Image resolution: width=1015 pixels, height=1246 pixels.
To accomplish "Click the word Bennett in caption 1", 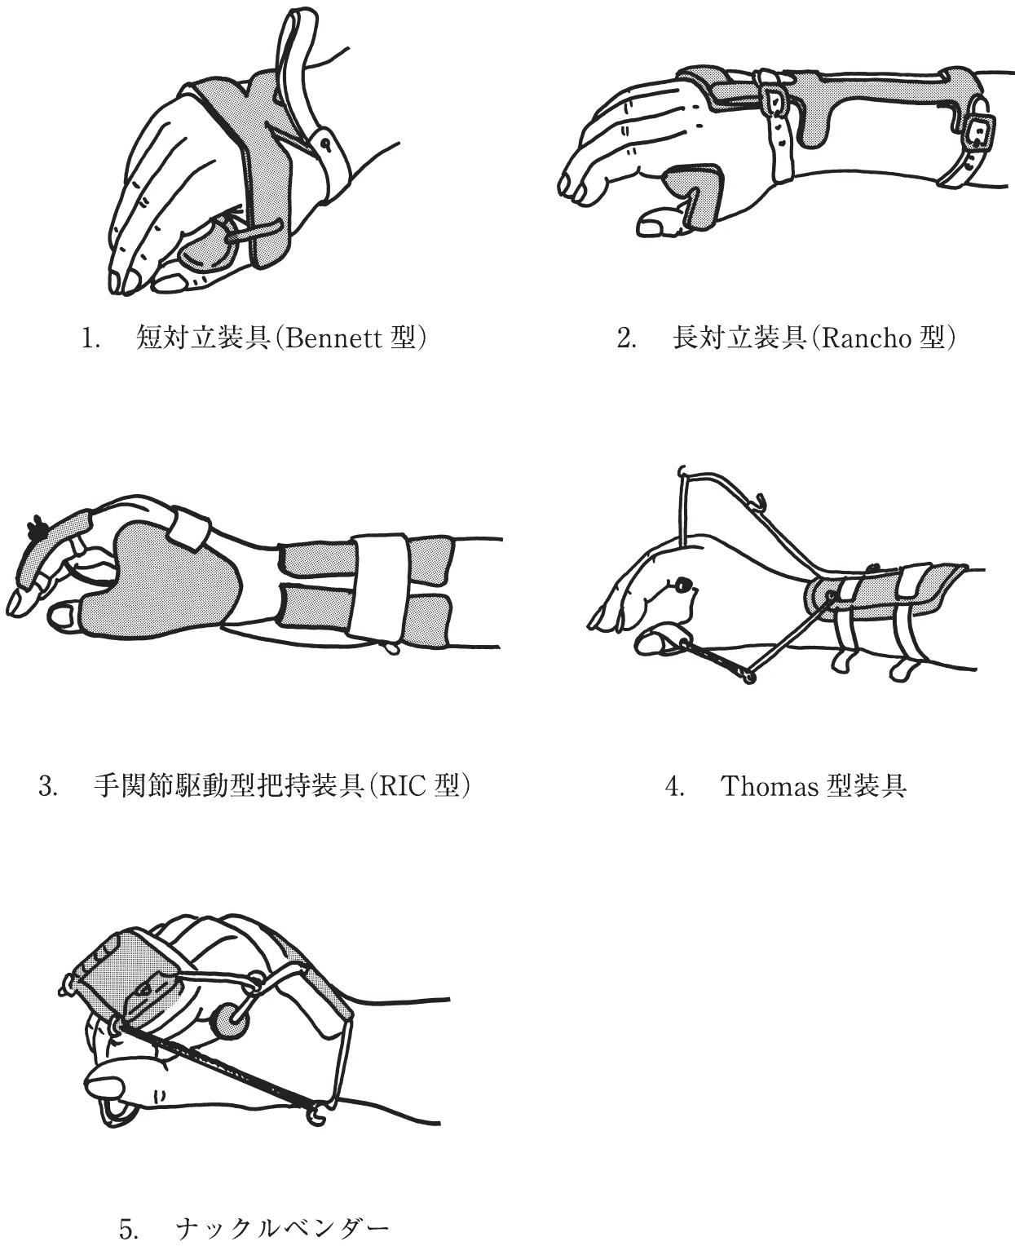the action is (x=333, y=338).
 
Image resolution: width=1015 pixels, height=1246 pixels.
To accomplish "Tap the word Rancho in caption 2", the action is (x=867, y=338).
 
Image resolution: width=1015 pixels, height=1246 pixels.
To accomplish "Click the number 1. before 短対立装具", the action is (x=90, y=338).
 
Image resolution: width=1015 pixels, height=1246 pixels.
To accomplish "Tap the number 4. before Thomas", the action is (x=674, y=786).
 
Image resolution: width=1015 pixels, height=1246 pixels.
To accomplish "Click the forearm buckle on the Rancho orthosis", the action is (x=977, y=132).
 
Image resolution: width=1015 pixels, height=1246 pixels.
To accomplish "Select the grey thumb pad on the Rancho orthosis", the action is (x=695, y=195).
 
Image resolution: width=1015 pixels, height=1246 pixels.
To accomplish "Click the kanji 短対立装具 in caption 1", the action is (x=202, y=338).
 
